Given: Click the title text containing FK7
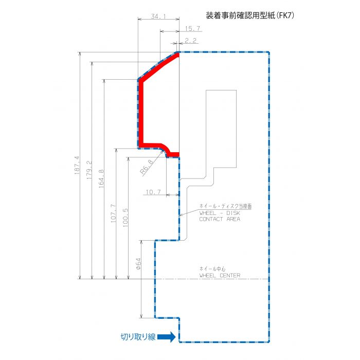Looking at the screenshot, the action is tap(250, 15).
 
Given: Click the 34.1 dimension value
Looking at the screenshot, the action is tap(158, 16).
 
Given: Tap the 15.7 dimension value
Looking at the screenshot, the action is tap(192, 29).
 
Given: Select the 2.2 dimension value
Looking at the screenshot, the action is tap(191, 41).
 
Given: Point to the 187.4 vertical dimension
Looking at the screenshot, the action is tap(77, 165).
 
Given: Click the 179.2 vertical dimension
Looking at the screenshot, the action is tap(89, 170).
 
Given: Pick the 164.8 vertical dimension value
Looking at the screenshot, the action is tap(101, 179).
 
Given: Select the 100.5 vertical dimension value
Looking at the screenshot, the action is tap(125, 218).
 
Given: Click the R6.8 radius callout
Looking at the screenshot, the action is tap(147, 167).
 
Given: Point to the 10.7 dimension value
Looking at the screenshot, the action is tap(153, 192).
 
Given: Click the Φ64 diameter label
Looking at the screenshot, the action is tap(138, 263).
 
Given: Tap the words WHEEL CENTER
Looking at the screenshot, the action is tap(220, 275).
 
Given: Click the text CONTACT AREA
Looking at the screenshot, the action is tap(220, 219).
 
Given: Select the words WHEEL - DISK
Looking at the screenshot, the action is tap(220, 213).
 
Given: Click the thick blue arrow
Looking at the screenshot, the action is tap(167, 337).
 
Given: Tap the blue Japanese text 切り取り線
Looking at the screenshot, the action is tap(138, 337).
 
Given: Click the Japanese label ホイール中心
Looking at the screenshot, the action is tap(212, 268).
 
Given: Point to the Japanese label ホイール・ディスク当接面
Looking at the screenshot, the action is tap(225, 206).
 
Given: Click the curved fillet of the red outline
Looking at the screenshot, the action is tap(166, 149).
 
